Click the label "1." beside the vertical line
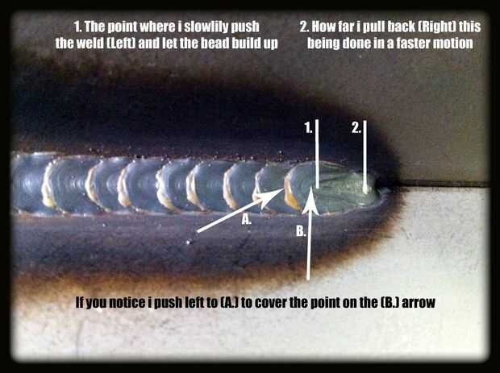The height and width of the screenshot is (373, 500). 308,128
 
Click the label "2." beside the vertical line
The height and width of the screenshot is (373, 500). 356,128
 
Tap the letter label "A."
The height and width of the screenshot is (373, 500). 247,219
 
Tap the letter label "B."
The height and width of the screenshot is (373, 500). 301,231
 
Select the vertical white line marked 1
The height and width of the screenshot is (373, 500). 317,154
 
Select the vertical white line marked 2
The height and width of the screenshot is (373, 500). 365,156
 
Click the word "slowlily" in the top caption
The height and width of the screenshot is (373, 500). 206,27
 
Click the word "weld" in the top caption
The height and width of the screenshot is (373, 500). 86,44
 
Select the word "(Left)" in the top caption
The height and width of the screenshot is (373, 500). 118,44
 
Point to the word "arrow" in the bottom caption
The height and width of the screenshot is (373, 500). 419,303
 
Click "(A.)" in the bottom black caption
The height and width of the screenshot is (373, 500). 230,302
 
